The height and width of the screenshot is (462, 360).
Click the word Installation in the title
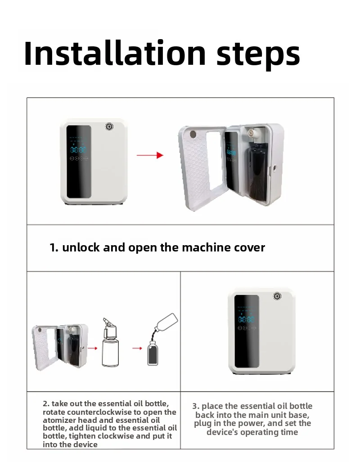[x=115, y=53]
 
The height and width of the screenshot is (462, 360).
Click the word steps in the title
[x=258, y=55]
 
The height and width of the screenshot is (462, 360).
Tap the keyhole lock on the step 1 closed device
[x=109, y=127]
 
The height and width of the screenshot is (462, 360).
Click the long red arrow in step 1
[x=150, y=155]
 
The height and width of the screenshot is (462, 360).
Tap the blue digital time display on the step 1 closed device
[x=78, y=149]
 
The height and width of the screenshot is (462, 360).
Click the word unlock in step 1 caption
[x=81, y=247]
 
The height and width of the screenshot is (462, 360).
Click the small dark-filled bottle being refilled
[x=153, y=353]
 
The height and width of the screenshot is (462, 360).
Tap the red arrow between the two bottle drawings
[x=137, y=348]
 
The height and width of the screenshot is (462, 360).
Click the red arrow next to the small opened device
[x=93, y=348]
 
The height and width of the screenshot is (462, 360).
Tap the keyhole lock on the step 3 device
[x=277, y=296]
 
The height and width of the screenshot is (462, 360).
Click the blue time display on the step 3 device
[x=246, y=319]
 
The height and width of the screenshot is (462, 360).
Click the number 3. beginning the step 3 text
[x=196, y=406]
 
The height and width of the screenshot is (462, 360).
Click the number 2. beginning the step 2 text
[x=46, y=404]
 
